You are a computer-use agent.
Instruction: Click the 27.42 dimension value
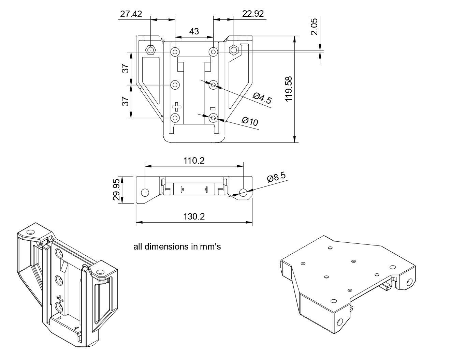tap(131, 14)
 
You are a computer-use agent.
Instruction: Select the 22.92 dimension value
tap(253, 14)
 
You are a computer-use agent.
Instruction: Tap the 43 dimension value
tap(194, 31)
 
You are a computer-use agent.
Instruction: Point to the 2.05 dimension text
tap(314, 26)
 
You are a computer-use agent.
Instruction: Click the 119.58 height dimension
tap(289, 89)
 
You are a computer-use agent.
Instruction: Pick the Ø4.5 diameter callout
tap(262, 98)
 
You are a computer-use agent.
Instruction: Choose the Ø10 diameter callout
tap(250, 121)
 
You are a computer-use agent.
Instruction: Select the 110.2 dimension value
tap(194, 161)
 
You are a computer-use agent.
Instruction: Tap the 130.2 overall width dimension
tap(194, 216)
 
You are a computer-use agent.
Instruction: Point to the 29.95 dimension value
tap(116, 190)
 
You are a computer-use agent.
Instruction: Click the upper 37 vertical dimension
tap(126, 68)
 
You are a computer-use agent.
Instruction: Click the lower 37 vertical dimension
tap(126, 101)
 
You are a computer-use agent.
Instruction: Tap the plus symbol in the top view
tap(177, 107)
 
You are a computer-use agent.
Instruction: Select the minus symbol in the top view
tap(213, 109)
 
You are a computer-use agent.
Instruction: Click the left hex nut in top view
tap(150, 50)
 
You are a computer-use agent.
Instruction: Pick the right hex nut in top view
tap(234, 50)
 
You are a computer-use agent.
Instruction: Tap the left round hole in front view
tap(145, 192)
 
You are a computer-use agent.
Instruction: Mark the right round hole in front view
tap(243, 192)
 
